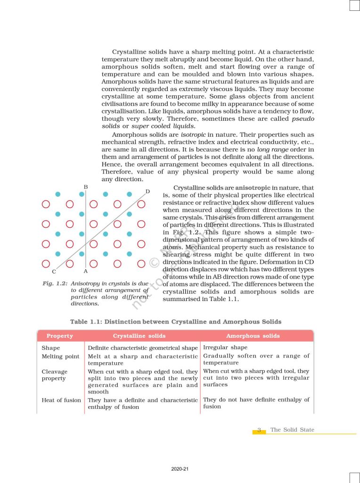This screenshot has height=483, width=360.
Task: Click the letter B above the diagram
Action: click(86, 187)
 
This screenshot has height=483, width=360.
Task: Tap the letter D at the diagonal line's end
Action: click(147, 191)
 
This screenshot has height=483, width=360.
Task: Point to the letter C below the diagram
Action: click(54, 272)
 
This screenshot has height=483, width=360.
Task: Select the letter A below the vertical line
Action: click(85, 271)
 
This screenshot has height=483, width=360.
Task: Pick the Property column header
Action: click(60, 336)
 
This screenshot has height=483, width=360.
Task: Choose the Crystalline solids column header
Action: click(139, 336)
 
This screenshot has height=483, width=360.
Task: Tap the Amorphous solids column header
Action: click(253, 336)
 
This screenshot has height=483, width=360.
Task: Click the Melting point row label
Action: click(60, 357)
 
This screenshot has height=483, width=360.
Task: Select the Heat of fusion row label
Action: click(61, 400)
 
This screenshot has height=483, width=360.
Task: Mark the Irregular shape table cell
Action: click(225, 348)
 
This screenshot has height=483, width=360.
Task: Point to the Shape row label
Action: click(51, 348)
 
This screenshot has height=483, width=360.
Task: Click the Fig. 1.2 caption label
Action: click(54, 283)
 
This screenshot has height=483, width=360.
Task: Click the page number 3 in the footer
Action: click(259, 430)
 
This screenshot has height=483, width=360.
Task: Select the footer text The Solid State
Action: click(292, 430)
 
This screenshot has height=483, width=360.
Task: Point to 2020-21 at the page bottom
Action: click(180, 469)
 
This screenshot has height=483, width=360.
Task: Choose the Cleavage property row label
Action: click(54, 375)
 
